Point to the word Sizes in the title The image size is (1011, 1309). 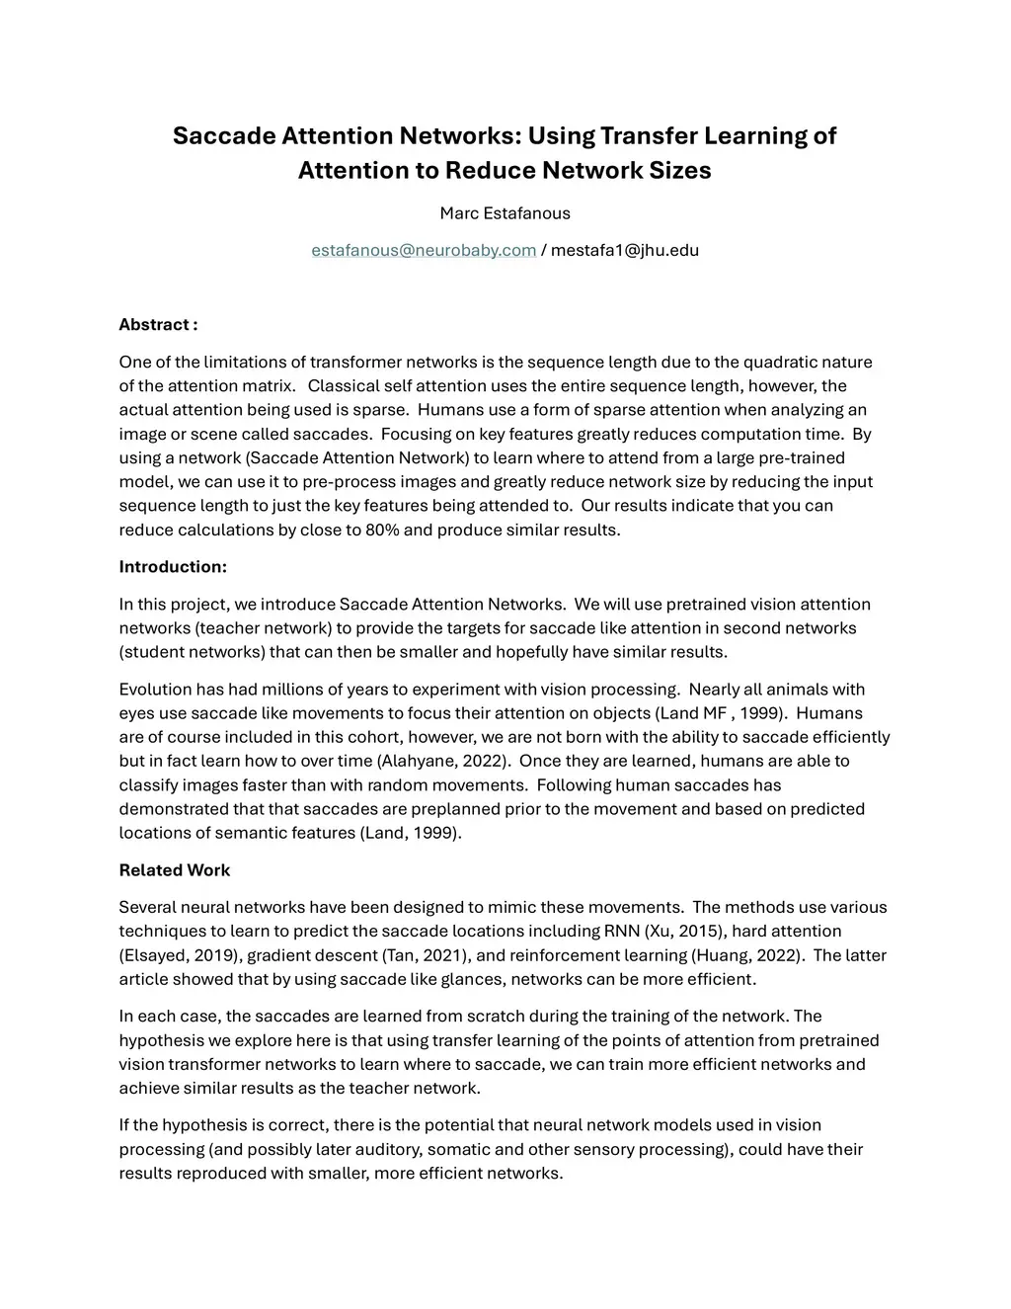679,170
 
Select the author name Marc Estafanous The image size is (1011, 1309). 505,213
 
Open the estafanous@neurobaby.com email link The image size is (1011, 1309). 424,250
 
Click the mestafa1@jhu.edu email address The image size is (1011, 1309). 624,250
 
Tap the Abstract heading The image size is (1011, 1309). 158,325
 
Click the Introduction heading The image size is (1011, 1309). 173,567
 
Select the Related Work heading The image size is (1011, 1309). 175,870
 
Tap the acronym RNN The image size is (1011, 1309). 620,931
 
